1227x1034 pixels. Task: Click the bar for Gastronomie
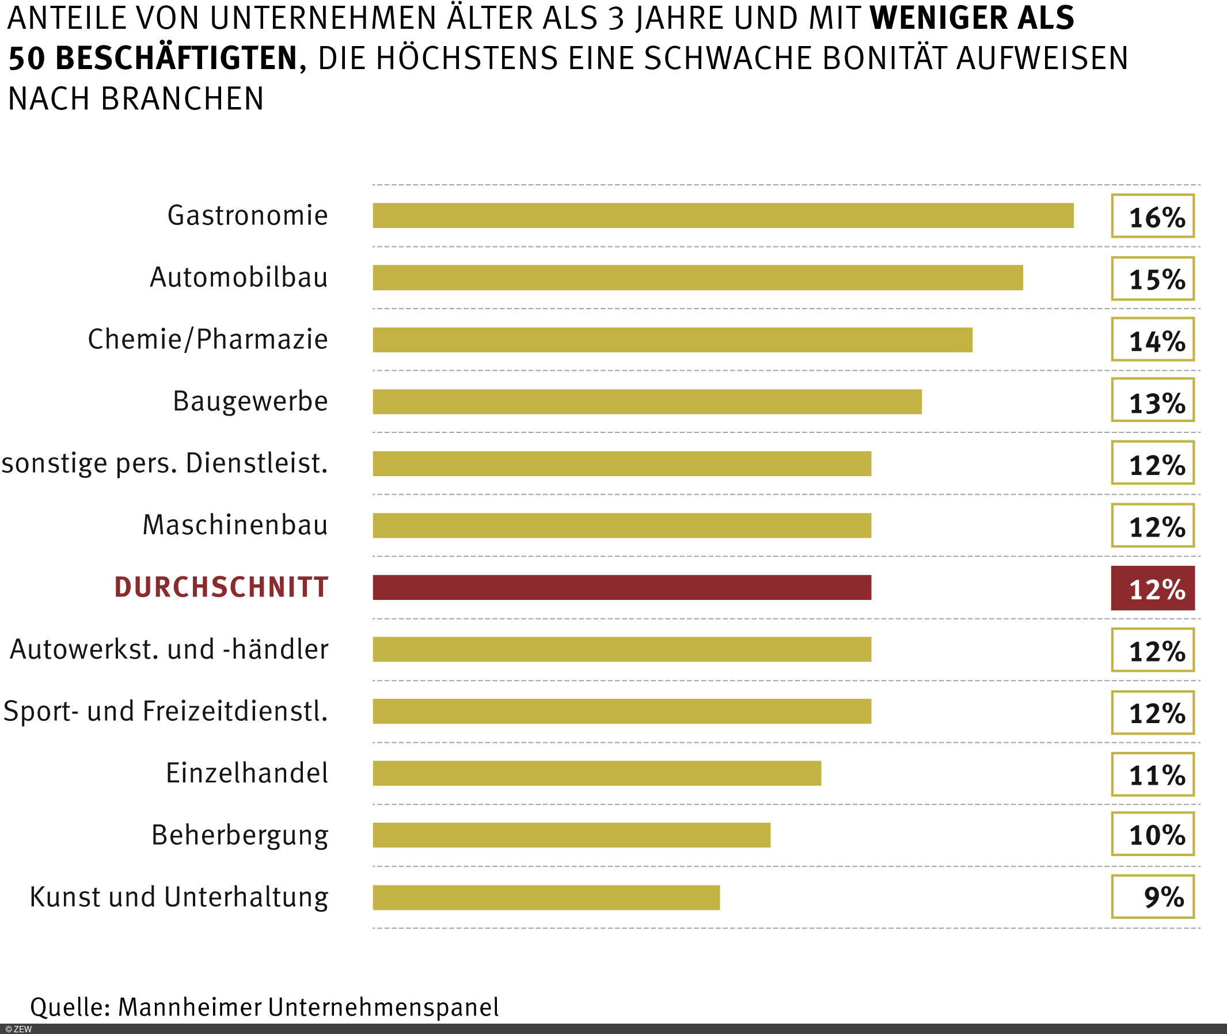[x=723, y=215]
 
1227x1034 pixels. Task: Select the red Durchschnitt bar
[x=621, y=587]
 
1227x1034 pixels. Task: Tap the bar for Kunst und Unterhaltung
[x=546, y=898]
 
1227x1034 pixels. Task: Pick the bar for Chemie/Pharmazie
[x=673, y=340]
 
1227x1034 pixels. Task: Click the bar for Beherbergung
[x=571, y=835]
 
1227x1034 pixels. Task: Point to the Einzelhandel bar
[x=597, y=773]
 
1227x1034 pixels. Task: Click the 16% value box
[x=1152, y=216]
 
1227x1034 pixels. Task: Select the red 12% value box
[x=1152, y=588]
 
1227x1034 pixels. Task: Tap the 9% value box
[x=1152, y=897]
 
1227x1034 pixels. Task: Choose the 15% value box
[x=1152, y=279]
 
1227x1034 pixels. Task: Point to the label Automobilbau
[x=238, y=277]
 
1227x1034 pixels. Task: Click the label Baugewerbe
[x=250, y=401]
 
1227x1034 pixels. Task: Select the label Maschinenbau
[x=235, y=525]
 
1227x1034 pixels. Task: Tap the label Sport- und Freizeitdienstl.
[x=165, y=711]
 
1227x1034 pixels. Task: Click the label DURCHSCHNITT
[x=221, y=587]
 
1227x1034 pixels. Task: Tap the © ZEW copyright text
[x=18, y=1029]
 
